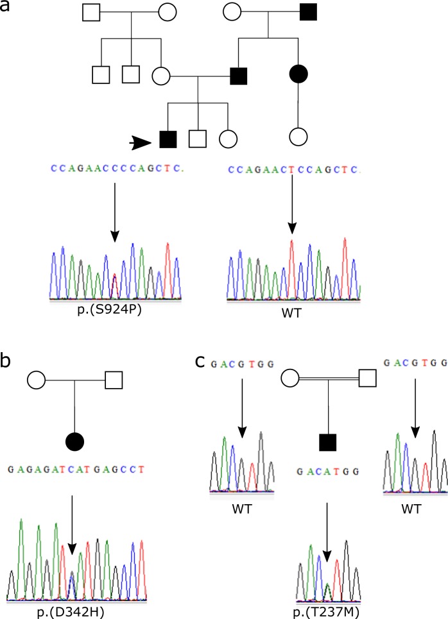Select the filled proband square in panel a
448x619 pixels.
(168, 137)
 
